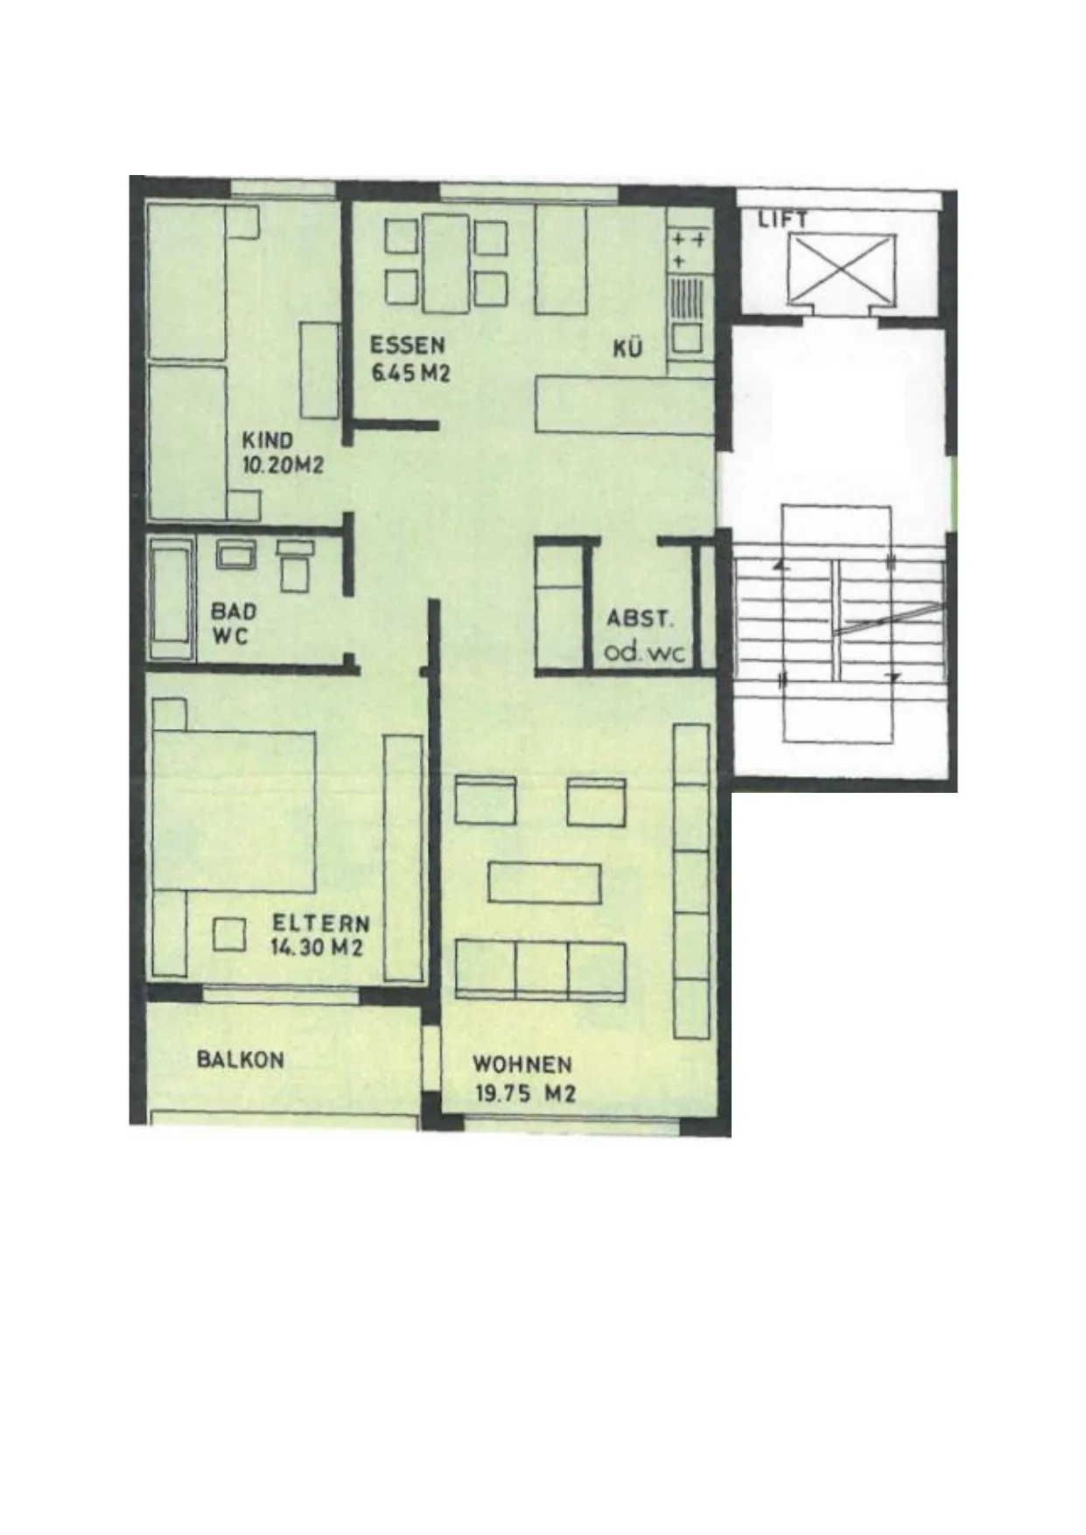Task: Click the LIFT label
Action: [782, 220]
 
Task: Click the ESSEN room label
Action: [407, 344]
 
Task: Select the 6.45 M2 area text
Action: [410, 373]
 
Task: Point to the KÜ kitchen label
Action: [627, 347]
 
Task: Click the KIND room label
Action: [268, 440]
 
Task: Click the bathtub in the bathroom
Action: [172, 599]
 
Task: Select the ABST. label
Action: [641, 619]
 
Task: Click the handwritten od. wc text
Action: [644, 653]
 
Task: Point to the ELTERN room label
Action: [320, 923]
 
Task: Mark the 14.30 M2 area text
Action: [317, 948]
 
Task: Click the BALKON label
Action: [241, 1060]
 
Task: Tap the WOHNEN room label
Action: [522, 1065]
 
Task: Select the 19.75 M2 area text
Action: [525, 1092]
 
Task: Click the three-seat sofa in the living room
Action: [541, 970]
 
